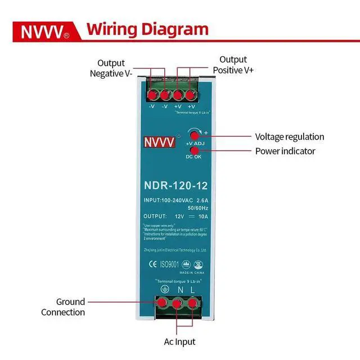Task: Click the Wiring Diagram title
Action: pos(147,29)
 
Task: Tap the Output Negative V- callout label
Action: pos(111,68)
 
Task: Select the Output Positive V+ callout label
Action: pos(233,65)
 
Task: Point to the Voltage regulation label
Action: pos(290,137)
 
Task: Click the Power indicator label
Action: pos(285,151)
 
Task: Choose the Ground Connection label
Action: pos(63,307)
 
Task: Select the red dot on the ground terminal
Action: pos(161,302)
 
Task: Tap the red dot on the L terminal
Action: pos(193,303)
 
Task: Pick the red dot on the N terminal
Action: pos(177,303)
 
